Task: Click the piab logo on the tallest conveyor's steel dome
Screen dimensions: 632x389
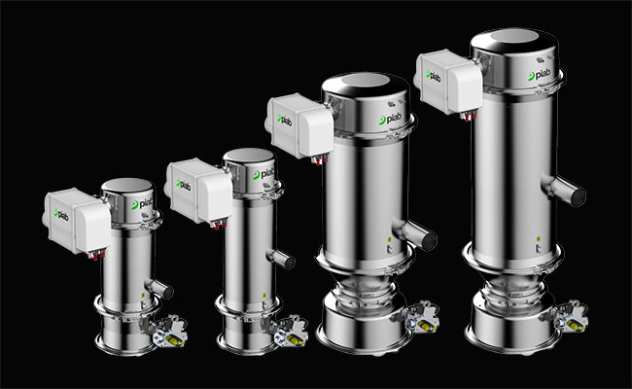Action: coord(539,75)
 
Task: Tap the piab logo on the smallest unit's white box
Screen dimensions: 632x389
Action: coord(61,215)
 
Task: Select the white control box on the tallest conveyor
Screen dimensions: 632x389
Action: coord(449,82)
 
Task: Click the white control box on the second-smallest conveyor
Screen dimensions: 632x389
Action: coord(199,191)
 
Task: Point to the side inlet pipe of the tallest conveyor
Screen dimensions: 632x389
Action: coord(564,189)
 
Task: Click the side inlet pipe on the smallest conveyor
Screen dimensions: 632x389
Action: coord(158,288)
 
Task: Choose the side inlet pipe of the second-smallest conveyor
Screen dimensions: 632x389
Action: coord(281,258)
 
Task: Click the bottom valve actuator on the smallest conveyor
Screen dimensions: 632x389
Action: coord(170,332)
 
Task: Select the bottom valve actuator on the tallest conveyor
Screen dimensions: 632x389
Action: coord(570,316)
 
